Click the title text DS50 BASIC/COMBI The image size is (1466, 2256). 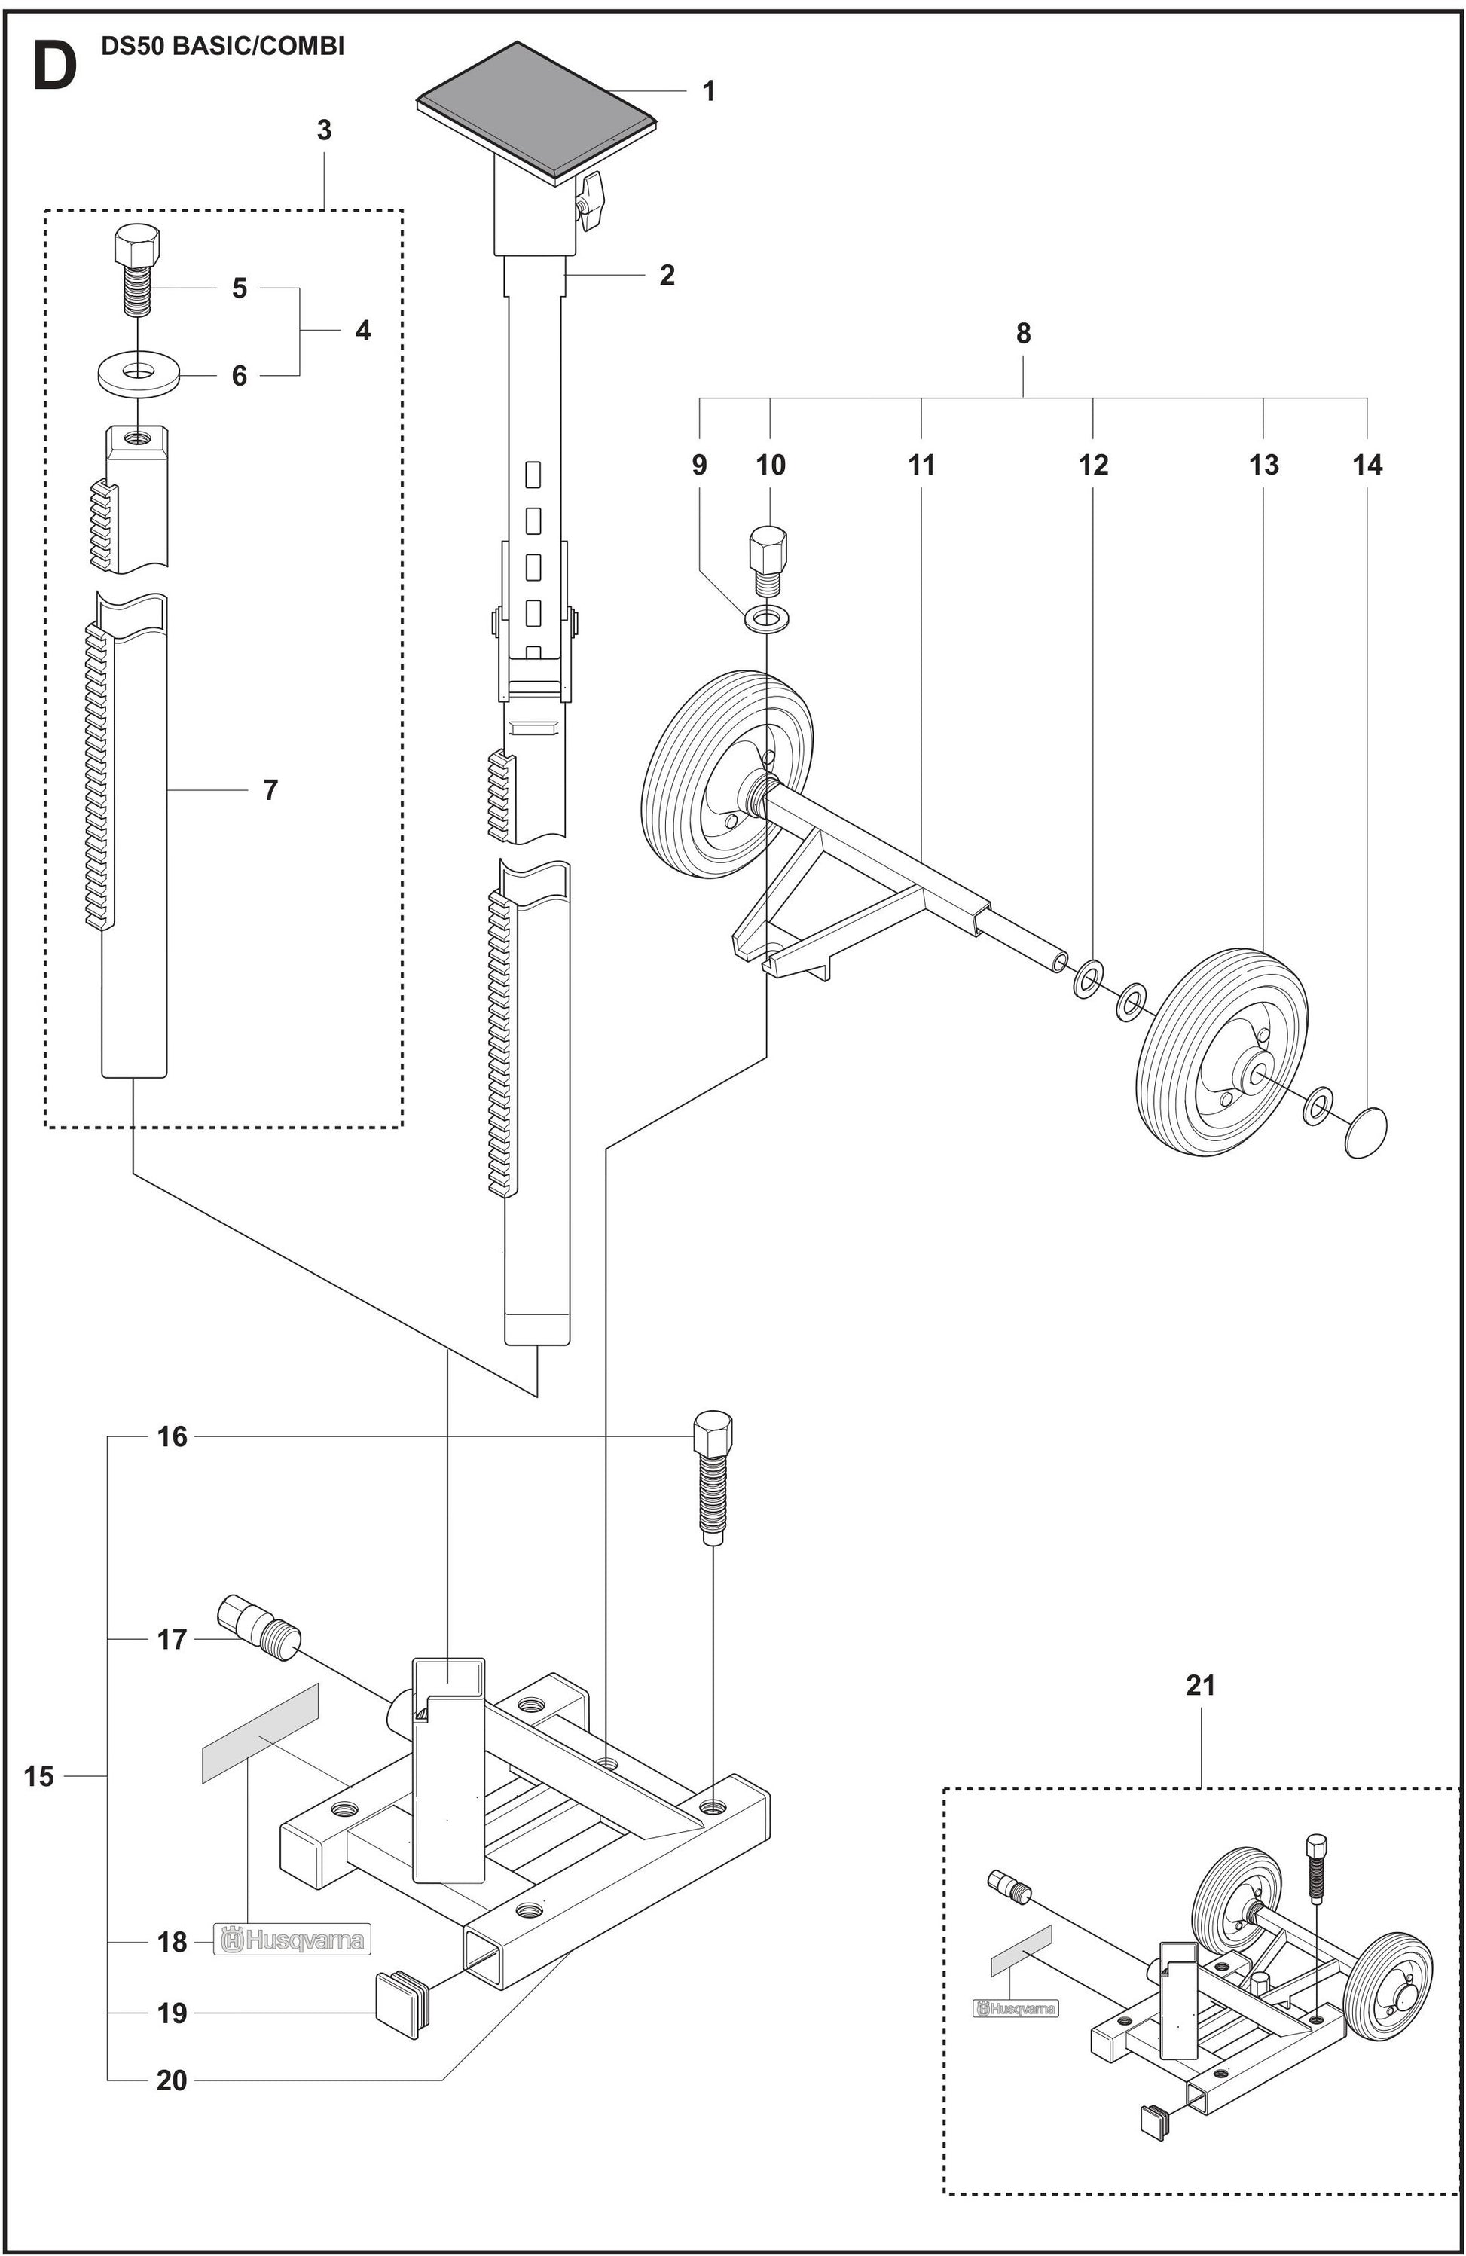coord(223,47)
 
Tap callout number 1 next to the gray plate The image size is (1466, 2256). coord(708,91)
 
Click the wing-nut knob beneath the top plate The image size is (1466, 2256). coord(593,199)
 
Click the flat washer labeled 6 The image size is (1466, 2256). coord(136,371)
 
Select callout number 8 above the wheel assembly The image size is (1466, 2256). coord(1023,333)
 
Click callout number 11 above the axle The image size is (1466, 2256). coord(921,465)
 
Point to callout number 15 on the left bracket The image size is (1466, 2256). coord(39,1775)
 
